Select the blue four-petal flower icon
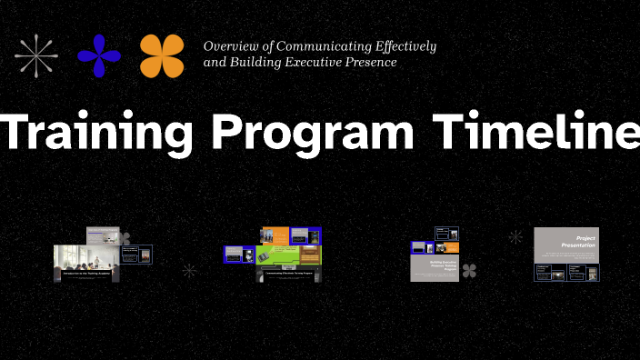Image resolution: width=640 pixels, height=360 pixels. [x=99, y=55]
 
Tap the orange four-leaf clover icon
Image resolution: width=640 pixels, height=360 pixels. [x=162, y=55]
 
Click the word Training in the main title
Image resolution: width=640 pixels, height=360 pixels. [x=96, y=134]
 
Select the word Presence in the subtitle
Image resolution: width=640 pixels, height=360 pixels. [x=370, y=63]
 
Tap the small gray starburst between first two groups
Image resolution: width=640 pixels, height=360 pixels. [x=189, y=270]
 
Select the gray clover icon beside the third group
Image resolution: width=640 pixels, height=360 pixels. [x=469, y=270]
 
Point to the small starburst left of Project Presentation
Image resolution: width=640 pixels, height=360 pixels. [x=515, y=237]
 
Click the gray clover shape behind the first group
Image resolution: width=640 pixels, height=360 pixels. [x=124, y=239]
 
